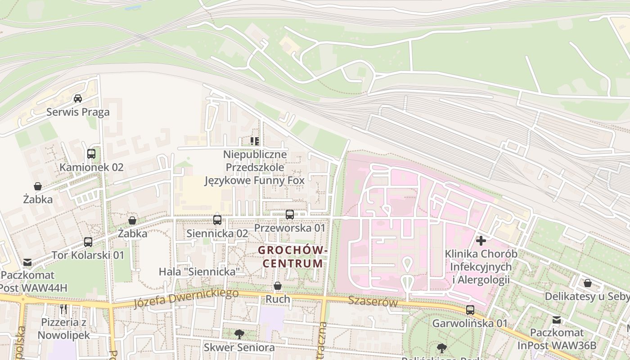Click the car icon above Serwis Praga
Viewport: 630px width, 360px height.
tap(78, 99)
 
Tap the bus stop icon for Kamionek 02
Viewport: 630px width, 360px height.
tap(91, 154)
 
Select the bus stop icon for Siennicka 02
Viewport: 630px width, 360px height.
tap(217, 220)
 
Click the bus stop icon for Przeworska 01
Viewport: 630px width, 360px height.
tap(290, 215)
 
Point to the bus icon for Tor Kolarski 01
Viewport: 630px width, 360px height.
tap(88, 242)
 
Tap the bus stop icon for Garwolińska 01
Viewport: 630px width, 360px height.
tap(470, 310)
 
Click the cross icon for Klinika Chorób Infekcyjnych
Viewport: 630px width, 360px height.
tap(481, 241)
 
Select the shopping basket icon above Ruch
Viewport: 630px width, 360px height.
tap(278, 286)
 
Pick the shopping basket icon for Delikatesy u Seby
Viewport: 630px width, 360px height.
tap(588, 283)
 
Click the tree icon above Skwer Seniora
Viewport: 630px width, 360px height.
tap(239, 334)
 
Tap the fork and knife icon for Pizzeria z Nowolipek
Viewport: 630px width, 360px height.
tap(63, 309)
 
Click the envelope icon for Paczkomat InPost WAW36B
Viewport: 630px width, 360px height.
tap(557, 320)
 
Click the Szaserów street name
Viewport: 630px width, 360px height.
tap(373, 302)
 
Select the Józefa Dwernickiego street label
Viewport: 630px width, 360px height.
tap(186, 298)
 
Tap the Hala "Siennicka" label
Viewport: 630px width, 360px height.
tap(199, 272)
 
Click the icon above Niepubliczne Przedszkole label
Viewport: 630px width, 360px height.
tap(255, 141)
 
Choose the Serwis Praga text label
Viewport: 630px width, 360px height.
tap(78, 112)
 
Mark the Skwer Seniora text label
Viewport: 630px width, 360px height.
tap(239, 347)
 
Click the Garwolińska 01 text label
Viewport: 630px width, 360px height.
tap(470, 323)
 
